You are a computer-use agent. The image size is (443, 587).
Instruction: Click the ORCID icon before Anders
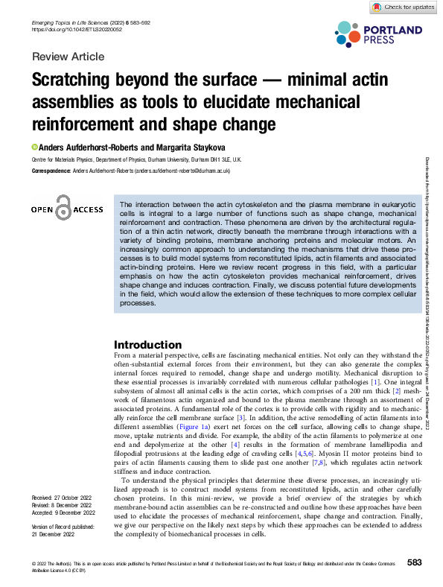pos(34,147)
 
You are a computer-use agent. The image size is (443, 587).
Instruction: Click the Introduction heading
pos(147,345)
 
